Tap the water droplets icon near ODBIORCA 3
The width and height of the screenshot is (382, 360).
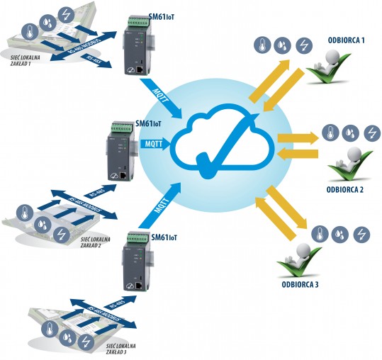341,233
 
